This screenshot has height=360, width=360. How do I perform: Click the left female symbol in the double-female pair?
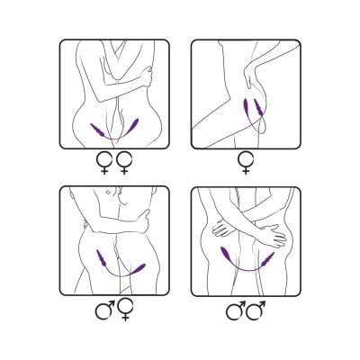104,164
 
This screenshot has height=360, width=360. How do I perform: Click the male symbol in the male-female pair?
103,311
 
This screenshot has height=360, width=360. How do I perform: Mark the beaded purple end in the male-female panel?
103,264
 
